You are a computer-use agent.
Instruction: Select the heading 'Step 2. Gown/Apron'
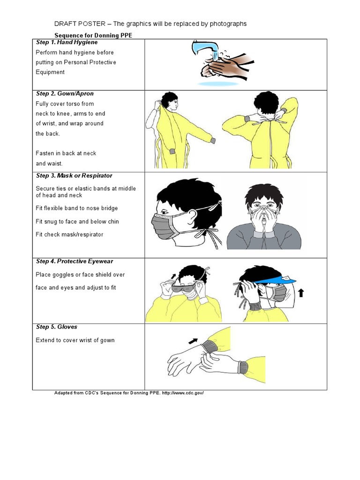pos(65,94)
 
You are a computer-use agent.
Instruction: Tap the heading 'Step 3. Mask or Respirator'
pos(75,176)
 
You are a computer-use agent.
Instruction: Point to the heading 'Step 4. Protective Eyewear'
pos(74,262)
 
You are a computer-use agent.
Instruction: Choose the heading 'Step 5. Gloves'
pos(57,327)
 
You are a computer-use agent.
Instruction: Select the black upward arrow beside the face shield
pos(300,293)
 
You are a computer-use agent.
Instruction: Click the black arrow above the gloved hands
pos(193,340)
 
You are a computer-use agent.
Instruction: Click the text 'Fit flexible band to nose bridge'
pos(77,208)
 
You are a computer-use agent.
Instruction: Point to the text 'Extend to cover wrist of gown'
pos(75,340)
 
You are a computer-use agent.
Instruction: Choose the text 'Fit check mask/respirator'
pos(69,234)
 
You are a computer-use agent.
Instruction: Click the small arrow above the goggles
pos(174,277)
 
